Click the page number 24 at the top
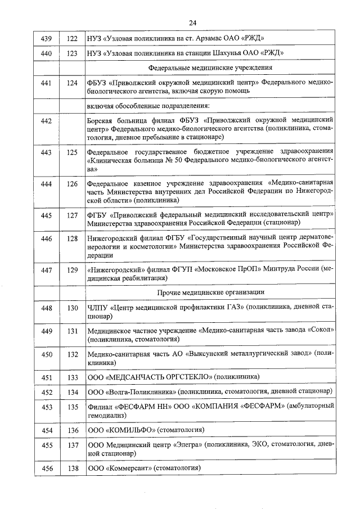pos(192,23)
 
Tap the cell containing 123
pos(72,53)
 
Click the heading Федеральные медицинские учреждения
pos(210,68)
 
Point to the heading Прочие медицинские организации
pos(210,292)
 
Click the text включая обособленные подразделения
pos(148,106)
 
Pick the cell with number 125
pos(72,152)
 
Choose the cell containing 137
pos(72,445)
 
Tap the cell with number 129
pos(72,271)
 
